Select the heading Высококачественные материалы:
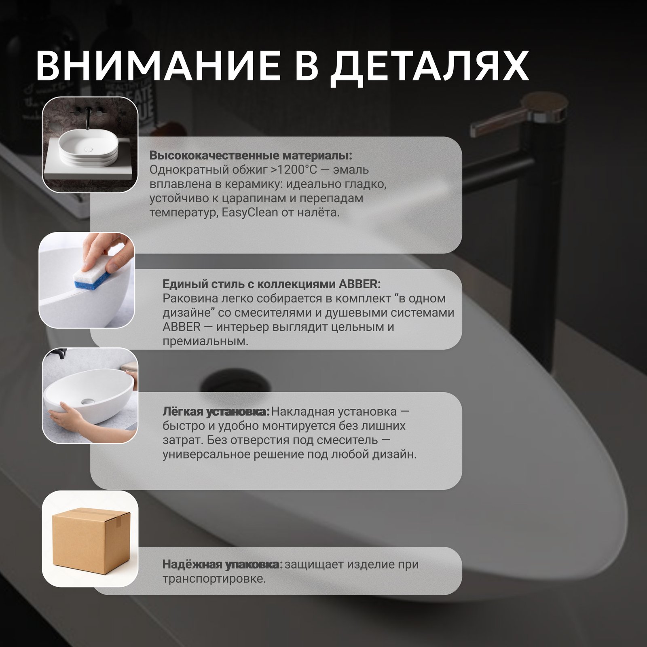[251, 156]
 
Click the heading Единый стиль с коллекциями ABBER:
[271, 284]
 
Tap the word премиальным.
[205, 342]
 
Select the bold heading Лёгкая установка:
[216, 412]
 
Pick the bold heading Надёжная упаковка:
[222, 565]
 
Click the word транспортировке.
[214, 579]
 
